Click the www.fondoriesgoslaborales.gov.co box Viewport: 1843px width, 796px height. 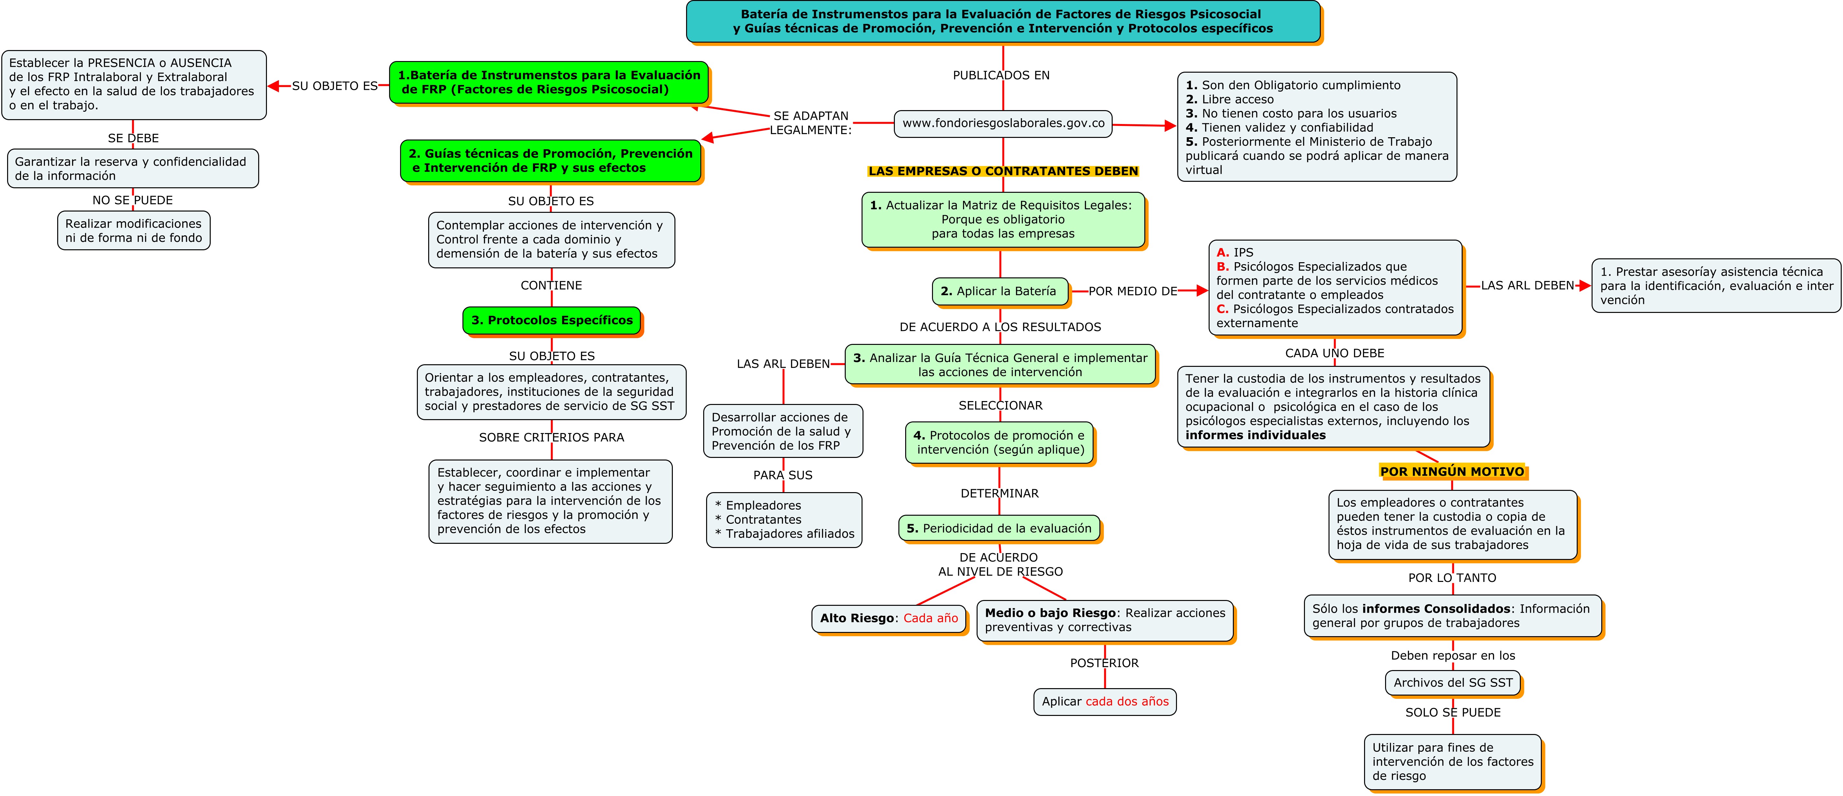coord(1003,123)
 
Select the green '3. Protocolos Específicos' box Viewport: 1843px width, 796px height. coord(552,320)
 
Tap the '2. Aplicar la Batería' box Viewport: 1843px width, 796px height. coord(999,291)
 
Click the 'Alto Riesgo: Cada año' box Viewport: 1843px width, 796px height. coord(889,618)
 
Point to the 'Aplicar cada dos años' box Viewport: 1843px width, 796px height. coord(1105,702)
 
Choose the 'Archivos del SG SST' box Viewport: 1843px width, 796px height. coord(1452,682)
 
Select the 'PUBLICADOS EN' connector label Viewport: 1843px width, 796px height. coord(1001,75)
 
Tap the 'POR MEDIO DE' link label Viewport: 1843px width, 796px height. coord(1133,291)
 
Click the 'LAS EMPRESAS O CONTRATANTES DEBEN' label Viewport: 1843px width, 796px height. coord(1003,171)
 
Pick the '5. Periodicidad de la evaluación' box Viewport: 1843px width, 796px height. coord(999,529)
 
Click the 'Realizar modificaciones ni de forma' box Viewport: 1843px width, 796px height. coord(134,230)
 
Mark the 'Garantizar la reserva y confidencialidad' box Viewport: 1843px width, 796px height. coord(133,169)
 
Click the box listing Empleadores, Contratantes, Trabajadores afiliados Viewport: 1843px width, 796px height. coord(784,520)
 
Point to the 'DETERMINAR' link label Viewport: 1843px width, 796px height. coord(1000,493)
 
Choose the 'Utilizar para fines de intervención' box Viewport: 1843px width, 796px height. coord(1452,762)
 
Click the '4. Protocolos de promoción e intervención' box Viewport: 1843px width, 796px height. coord(999,443)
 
